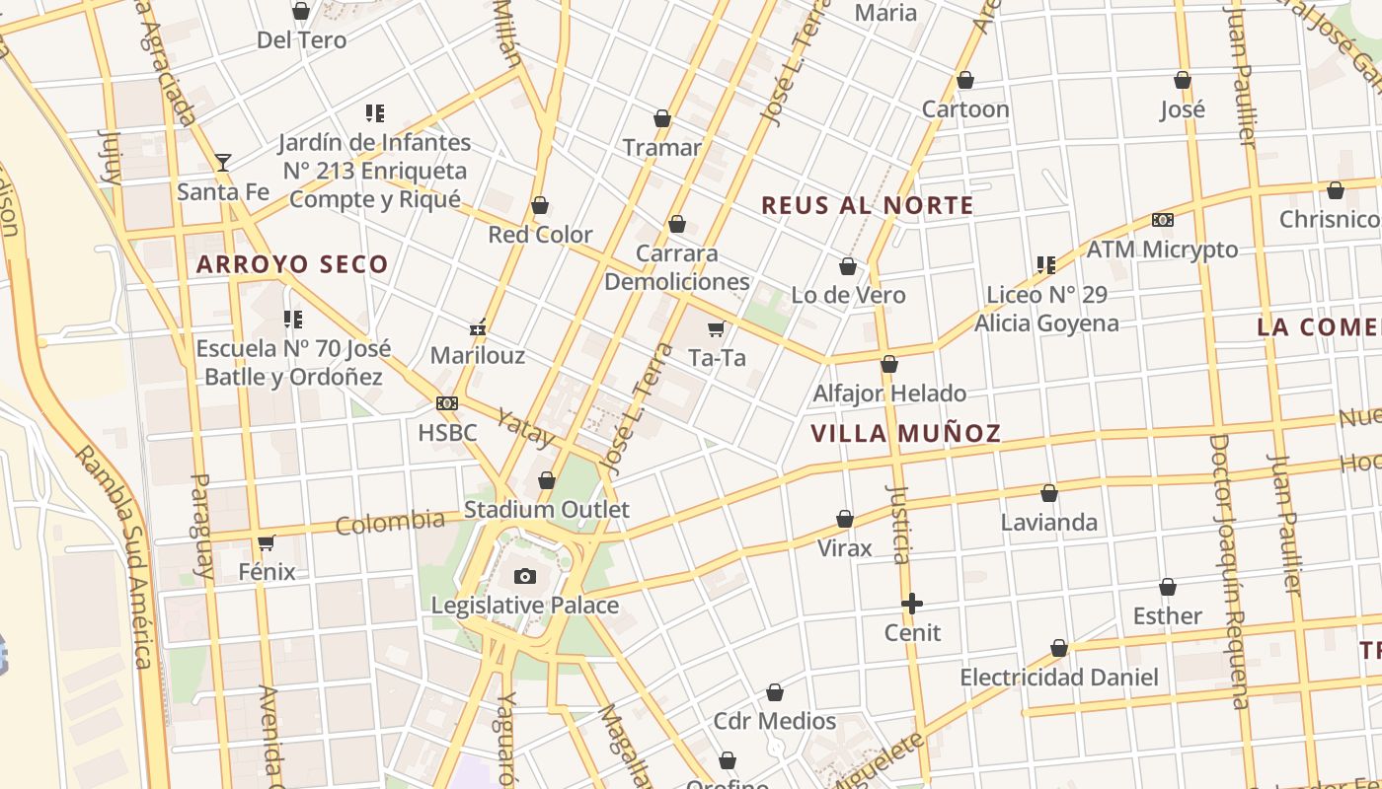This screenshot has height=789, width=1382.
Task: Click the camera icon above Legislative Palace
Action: pos(525,576)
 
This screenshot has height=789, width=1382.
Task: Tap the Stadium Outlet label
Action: pos(546,510)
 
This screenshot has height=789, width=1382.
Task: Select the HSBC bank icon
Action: pos(447,403)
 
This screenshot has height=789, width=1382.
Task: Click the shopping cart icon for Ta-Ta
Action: pos(716,328)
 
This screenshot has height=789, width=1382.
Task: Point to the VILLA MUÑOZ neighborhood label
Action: pos(905,433)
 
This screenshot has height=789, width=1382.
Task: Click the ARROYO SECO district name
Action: pos(292,264)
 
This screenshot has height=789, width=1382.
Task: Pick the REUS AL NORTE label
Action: pos(868,205)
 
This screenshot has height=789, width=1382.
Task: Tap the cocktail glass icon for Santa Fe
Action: pos(223,162)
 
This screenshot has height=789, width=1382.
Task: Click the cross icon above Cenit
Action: pos(912,603)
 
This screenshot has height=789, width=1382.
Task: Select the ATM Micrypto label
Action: pos(1162,250)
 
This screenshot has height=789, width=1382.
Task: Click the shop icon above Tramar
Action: pos(662,118)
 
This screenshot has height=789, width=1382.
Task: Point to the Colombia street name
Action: pos(390,522)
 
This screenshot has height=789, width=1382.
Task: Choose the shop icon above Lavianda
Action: pos(1049,492)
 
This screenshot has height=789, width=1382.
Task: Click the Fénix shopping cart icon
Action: pos(266,542)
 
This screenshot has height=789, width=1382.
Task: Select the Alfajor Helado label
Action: pos(889,394)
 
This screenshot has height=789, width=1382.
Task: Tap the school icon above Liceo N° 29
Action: pos(1046,264)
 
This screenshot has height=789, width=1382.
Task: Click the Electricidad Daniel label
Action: pos(1059,678)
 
